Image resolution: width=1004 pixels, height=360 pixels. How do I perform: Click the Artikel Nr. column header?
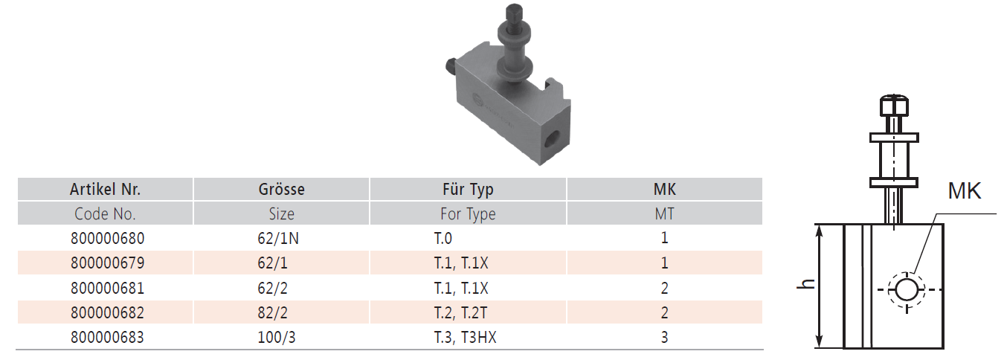pyautogui.click(x=105, y=189)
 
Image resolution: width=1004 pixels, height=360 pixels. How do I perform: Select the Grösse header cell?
pyautogui.click(x=281, y=189)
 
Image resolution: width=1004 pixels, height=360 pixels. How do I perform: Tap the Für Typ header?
pyautogui.click(x=468, y=190)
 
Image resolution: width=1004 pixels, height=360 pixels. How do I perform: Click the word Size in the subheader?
pyautogui.click(x=281, y=214)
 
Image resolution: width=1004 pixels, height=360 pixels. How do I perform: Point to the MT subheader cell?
pyautogui.click(x=664, y=214)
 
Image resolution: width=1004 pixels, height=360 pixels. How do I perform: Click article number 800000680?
pyautogui.click(x=108, y=238)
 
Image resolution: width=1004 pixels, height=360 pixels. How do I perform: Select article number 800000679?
pyautogui.click(x=108, y=263)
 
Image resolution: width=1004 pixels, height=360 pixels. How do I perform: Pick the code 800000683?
pyautogui.click(x=108, y=337)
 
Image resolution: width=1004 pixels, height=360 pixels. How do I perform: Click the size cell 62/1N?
pyautogui.click(x=278, y=238)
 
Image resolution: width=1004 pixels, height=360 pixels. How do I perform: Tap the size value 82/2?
pyautogui.click(x=272, y=312)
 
